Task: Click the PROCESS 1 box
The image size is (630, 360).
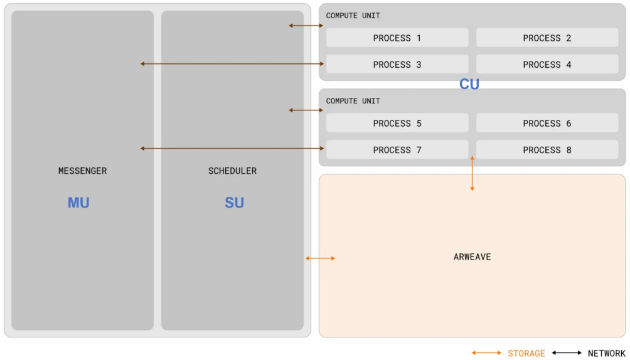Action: point(397,38)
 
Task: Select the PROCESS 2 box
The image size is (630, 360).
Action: point(547,38)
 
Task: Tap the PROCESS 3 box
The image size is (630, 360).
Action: point(397,65)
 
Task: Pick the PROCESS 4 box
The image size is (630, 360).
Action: point(547,65)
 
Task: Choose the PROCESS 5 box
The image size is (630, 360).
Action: point(397,124)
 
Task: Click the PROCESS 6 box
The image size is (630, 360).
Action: point(547,124)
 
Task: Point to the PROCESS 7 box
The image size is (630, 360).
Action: point(397,150)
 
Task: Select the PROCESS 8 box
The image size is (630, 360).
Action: point(547,150)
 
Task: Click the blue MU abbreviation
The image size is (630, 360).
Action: point(78,203)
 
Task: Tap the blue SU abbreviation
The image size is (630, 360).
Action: point(234,203)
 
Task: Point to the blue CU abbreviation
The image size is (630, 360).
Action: point(469,84)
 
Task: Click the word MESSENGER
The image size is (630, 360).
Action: point(82,171)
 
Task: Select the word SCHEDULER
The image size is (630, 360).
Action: point(232,171)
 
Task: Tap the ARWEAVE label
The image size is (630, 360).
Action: point(472,257)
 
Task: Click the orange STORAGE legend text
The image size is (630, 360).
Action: point(526,353)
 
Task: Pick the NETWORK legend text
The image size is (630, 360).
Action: point(606,353)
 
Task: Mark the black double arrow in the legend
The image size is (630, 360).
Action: point(567,353)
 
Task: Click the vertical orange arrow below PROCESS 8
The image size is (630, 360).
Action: point(472,173)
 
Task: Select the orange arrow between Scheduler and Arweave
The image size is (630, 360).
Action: point(320,258)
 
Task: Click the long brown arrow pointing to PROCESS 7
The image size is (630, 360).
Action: point(232,149)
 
